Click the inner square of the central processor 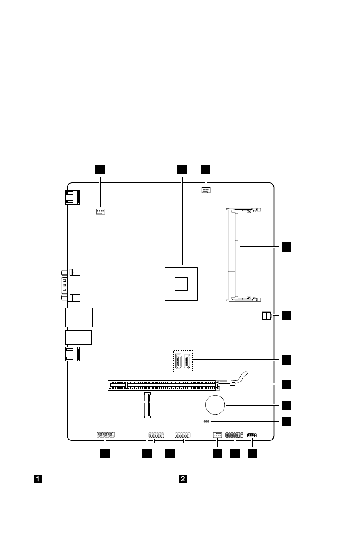[181, 283]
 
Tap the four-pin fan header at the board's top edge [206, 190]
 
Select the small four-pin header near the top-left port [101, 211]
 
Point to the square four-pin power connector [266, 316]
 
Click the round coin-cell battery [215, 404]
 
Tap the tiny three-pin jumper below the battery [206, 421]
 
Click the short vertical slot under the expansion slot [147, 405]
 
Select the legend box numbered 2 [182, 478]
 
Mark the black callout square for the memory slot [286, 246]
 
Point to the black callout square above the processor [182, 169]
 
